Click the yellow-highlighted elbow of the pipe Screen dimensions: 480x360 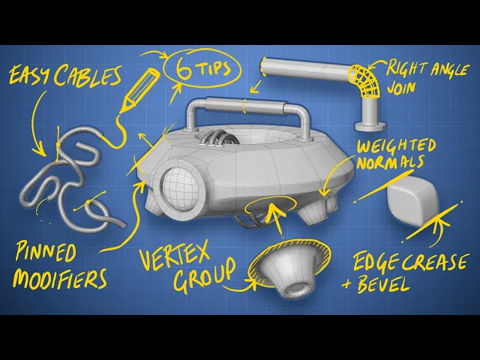click(x=363, y=80)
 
